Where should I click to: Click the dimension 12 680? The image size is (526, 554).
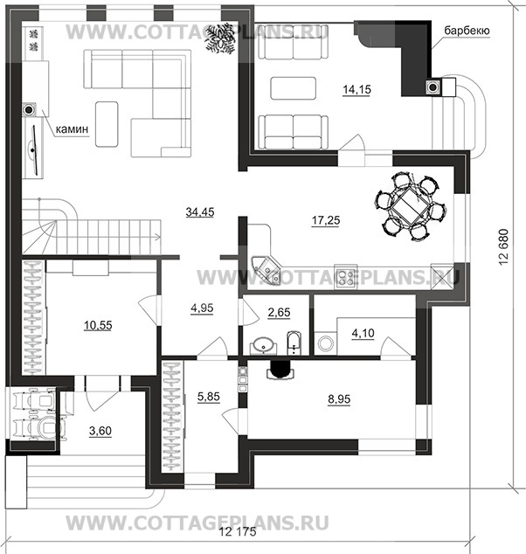click(x=504, y=253)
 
